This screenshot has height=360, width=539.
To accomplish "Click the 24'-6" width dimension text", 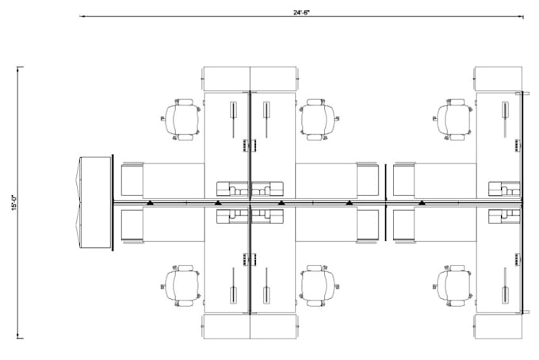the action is point(301,13).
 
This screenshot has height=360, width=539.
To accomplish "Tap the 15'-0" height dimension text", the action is point(14,202).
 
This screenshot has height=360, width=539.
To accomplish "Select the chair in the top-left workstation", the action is point(182,120).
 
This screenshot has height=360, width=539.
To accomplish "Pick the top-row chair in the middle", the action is point(319,120).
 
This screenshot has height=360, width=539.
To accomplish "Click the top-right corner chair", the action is point(453,120).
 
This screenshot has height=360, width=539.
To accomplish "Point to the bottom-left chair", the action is point(182,285).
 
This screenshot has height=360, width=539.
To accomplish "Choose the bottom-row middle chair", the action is point(319,285).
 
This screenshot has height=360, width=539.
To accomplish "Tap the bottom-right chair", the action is point(453,285).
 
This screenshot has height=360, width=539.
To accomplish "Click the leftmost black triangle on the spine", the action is point(150,203).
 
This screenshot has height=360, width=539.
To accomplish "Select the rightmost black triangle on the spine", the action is point(422,203).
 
